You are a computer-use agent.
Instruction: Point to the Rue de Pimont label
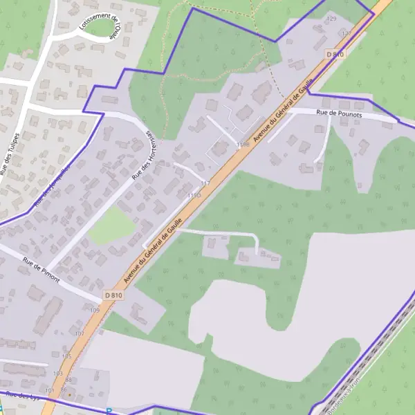click(41, 271)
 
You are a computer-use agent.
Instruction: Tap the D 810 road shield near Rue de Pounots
click(335, 54)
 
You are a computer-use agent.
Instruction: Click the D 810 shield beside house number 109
click(113, 295)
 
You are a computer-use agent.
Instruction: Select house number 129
click(331, 19)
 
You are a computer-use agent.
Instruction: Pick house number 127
click(346, 33)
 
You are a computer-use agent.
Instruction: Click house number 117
click(205, 183)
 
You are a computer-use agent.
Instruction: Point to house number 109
click(94, 311)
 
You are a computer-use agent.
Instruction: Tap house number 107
click(79, 333)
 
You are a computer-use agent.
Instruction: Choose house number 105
click(66, 356)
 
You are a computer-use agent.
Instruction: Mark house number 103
click(57, 373)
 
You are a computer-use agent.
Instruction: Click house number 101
click(49, 390)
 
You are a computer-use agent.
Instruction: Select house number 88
click(68, 380)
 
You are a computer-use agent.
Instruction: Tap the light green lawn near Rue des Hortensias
click(111, 226)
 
